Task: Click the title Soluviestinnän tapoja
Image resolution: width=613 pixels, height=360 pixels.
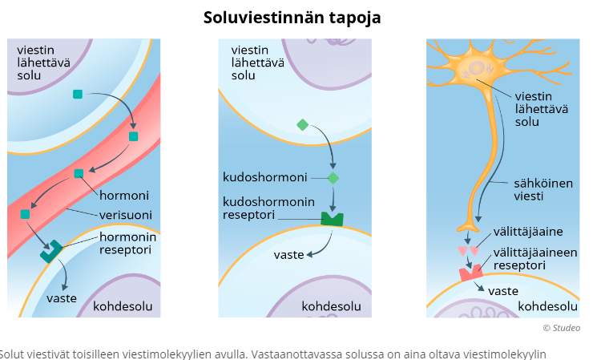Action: click(292, 17)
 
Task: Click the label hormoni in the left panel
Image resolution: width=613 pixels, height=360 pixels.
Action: click(124, 195)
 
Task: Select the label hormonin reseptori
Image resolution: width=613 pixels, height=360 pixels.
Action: click(127, 244)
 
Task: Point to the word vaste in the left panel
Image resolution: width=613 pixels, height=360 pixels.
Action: click(61, 297)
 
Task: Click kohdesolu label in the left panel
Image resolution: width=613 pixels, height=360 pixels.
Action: click(123, 306)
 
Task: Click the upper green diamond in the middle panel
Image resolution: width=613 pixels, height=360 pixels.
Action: click(302, 124)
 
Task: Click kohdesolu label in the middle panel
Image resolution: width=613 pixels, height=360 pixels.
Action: click(331, 306)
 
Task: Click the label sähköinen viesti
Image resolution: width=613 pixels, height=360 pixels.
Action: click(542, 190)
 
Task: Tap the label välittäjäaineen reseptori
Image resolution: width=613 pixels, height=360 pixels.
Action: click(535, 258)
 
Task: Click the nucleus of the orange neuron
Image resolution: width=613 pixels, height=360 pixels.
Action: click(474, 69)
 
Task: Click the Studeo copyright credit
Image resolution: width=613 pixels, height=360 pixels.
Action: click(561, 327)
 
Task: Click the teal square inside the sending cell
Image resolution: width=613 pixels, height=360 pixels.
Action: click(77, 94)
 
